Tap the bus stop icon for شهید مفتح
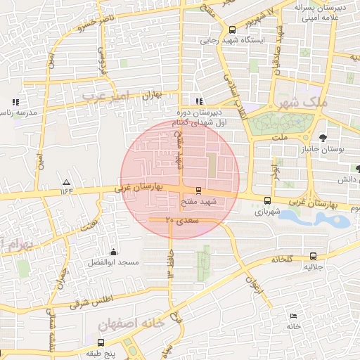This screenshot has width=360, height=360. coord(198,190)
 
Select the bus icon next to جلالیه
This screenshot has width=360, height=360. coord(313,257)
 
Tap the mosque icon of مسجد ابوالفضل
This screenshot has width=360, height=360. coord(114,252)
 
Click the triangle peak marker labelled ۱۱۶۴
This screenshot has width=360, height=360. coord(67,181)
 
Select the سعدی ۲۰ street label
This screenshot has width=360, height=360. coord(183,221)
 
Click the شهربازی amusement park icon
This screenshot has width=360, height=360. coord(266,200)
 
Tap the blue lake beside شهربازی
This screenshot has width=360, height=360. coord(313,218)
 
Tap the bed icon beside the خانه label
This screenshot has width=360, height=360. coord(293,316)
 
